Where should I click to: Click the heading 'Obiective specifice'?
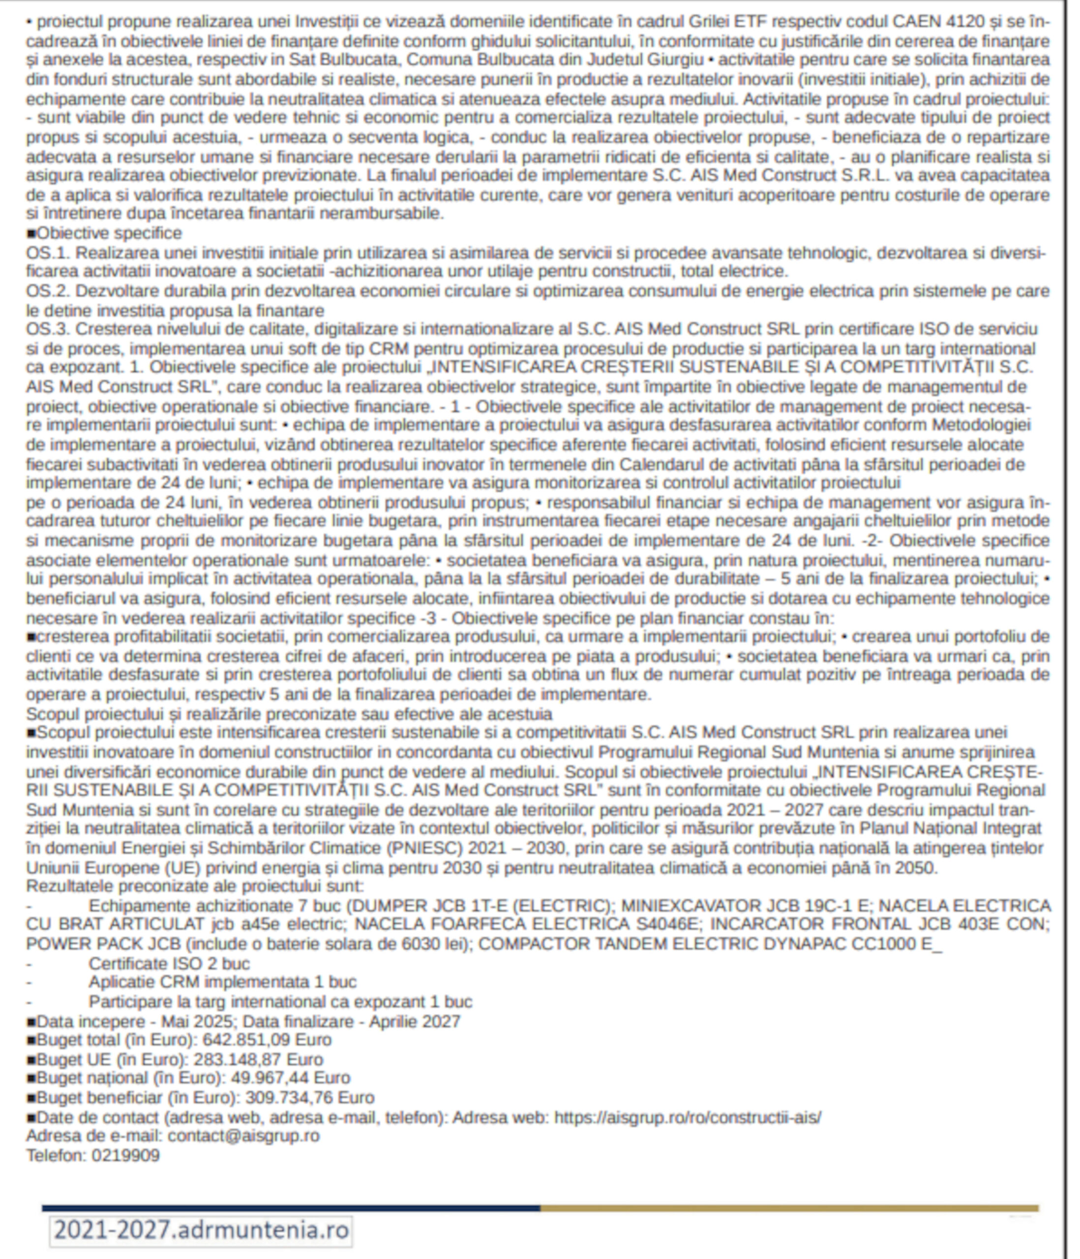pos(109,233)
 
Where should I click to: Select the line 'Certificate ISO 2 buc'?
pos(169,964)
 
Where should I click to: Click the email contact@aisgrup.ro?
pos(243,1136)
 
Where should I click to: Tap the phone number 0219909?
pos(126,1155)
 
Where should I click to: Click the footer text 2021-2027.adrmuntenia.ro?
pos(201,1231)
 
